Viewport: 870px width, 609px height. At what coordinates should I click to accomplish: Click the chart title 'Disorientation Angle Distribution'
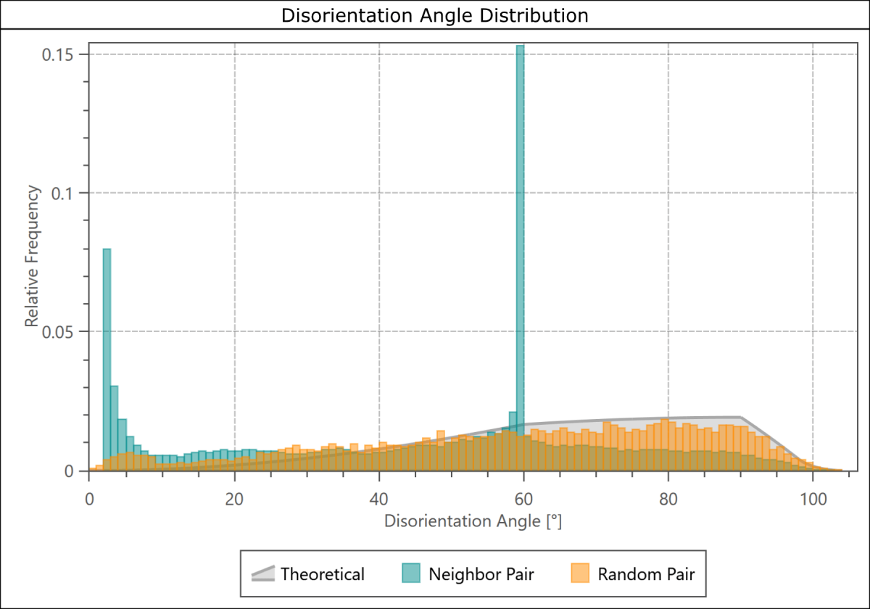click(x=435, y=14)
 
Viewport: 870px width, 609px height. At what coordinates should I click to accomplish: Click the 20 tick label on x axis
click(x=233, y=500)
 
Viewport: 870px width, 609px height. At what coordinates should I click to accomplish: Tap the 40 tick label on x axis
click(x=378, y=500)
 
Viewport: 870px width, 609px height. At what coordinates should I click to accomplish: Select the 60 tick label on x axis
click(x=523, y=500)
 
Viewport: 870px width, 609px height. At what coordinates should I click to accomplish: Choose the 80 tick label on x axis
click(x=668, y=500)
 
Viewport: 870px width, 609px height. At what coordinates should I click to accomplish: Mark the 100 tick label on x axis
click(x=812, y=500)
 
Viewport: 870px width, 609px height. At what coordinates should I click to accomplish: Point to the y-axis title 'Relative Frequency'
click(x=32, y=256)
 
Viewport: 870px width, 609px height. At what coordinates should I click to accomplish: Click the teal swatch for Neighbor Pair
click(x=411, y=573)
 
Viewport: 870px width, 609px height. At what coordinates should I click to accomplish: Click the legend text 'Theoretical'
click(x=323, y=574)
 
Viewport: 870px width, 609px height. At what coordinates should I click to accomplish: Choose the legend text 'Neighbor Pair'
click(x=481, y=574)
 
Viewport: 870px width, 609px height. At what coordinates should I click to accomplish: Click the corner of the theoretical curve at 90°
click(x=739, y=418)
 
